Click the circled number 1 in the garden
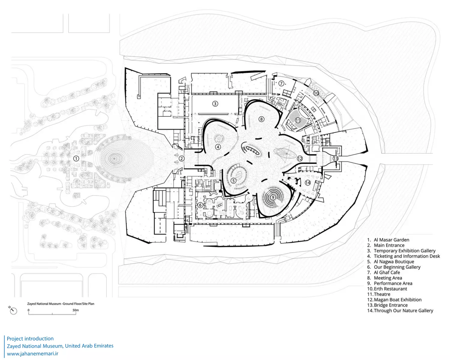pos(76,158)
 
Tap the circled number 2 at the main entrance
pos(181,158)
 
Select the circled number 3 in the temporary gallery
pos(215,104)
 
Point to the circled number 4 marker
pos(218,147)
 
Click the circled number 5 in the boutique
pos(233,181)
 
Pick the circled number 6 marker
pos(200,205)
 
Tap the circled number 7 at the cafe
pos(281,83)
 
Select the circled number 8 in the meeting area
pos(261,119)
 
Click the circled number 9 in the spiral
pos(273,197)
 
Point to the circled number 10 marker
pos(316,93)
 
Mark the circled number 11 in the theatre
pos(298,120)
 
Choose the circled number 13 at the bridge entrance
pos(335,158)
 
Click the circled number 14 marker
pos(308,182)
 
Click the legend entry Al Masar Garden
pos(391,240)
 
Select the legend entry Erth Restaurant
pos(390,289)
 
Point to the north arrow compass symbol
pos(13,310)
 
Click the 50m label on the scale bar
pos(76,310)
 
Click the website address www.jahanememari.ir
pos(33,354)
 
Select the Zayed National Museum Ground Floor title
pos(61,304)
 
